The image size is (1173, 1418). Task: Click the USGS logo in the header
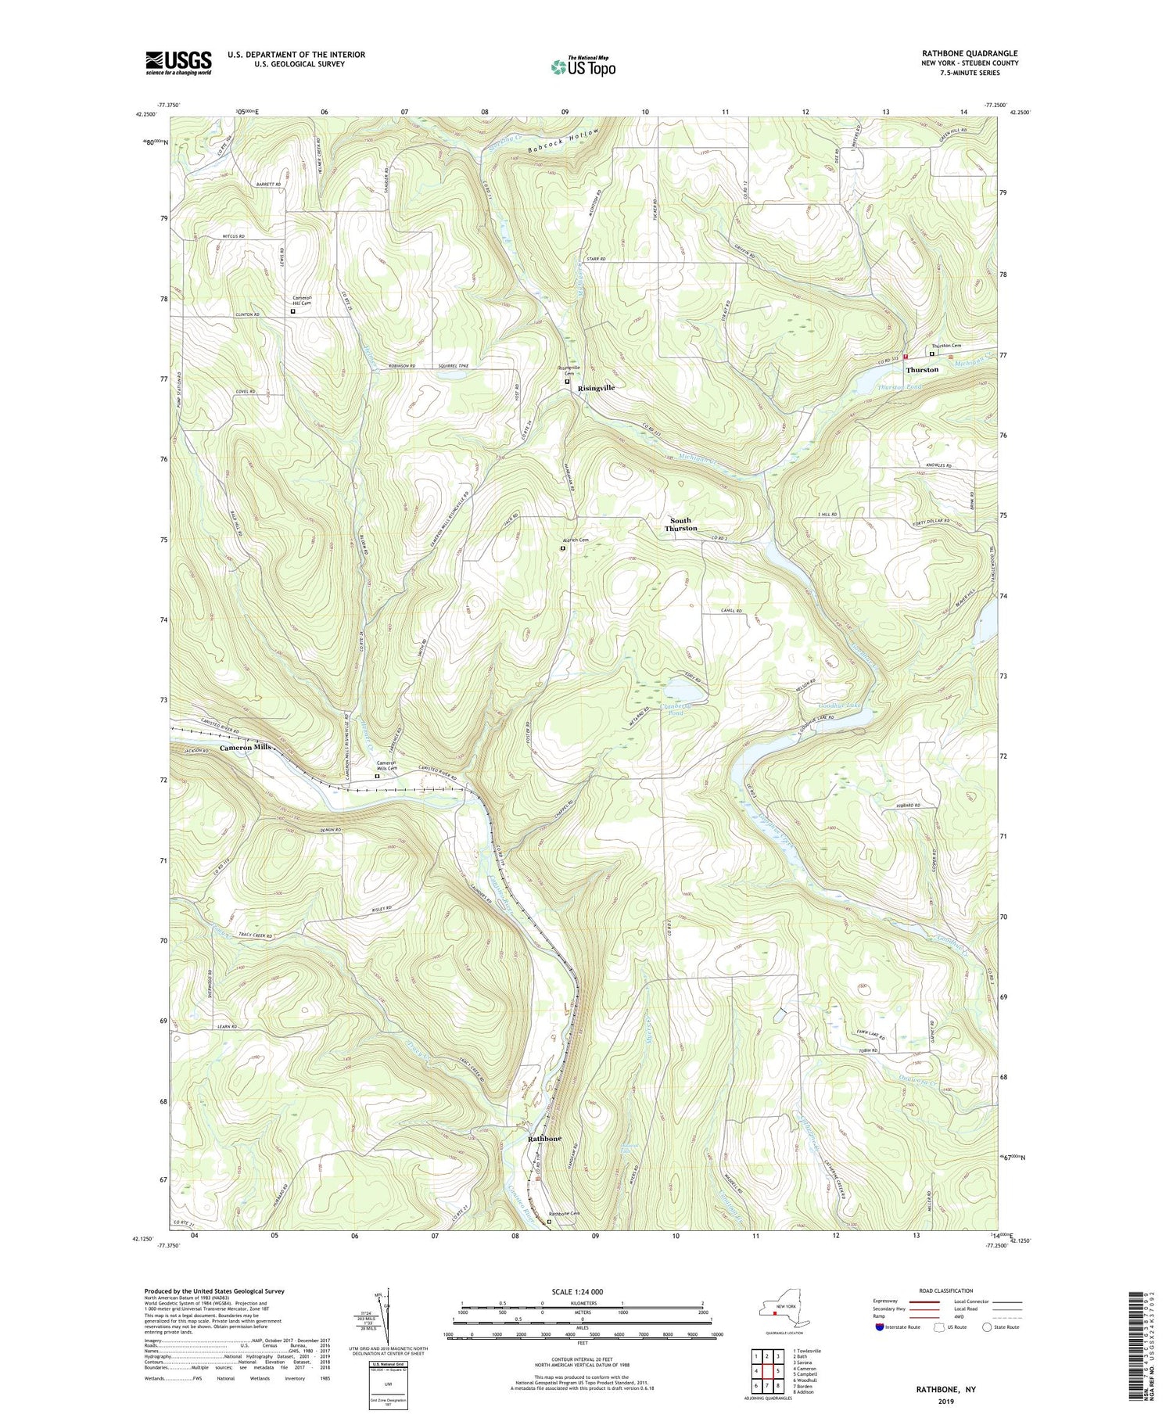click(x=178, y=63)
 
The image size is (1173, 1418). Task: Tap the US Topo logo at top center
click(x=583, y=67)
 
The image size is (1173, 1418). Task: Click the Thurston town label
click(x=922, y=369)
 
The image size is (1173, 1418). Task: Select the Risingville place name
click(x=596, y=388)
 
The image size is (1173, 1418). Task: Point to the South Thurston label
click(x=680, y=524)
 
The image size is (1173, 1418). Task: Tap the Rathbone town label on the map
click(x=544, y=1139)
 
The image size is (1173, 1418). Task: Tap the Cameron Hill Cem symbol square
click(x=293, y=311)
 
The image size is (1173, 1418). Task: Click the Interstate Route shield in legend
click(x=881, y=1326)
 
